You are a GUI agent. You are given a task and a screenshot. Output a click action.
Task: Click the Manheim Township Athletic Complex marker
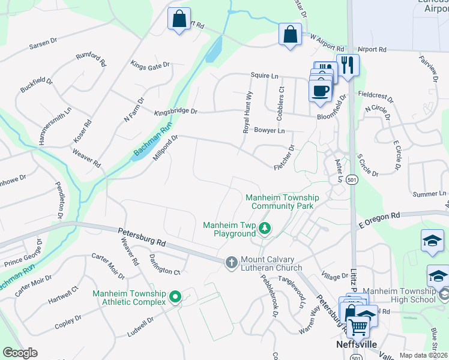[175, 296]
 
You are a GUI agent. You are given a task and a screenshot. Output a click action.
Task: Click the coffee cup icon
[320, 91]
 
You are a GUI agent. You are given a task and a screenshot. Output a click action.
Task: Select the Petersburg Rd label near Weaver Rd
[142, 238]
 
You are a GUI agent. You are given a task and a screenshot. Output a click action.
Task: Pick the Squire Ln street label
[265, 75]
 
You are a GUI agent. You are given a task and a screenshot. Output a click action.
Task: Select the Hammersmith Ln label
[55, 125]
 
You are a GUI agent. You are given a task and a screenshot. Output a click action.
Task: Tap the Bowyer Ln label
[269, 130]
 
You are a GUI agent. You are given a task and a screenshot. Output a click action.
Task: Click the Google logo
[20, 353]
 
